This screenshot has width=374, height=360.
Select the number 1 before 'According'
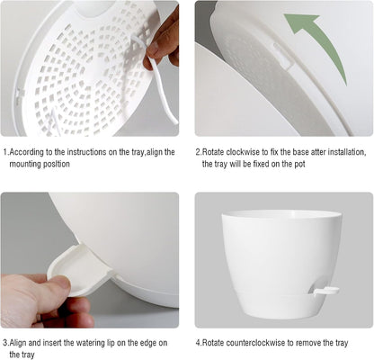coord(4,152)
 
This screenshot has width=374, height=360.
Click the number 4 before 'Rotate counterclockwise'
coord(198,343)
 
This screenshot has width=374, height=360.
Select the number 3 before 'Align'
coord(4,343)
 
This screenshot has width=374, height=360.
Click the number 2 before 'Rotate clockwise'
coord(198,152)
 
